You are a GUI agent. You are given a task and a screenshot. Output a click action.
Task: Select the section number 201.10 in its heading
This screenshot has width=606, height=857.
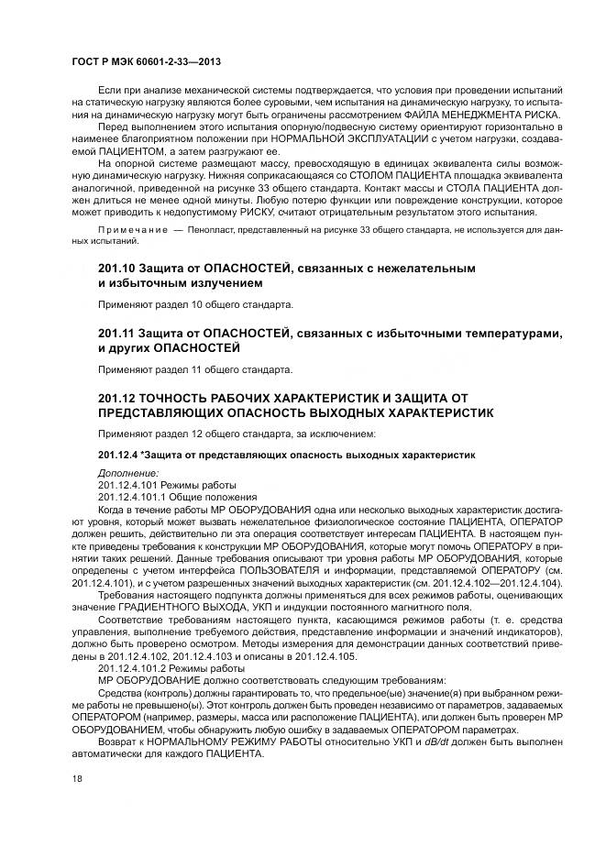click(x=117, y=269)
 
